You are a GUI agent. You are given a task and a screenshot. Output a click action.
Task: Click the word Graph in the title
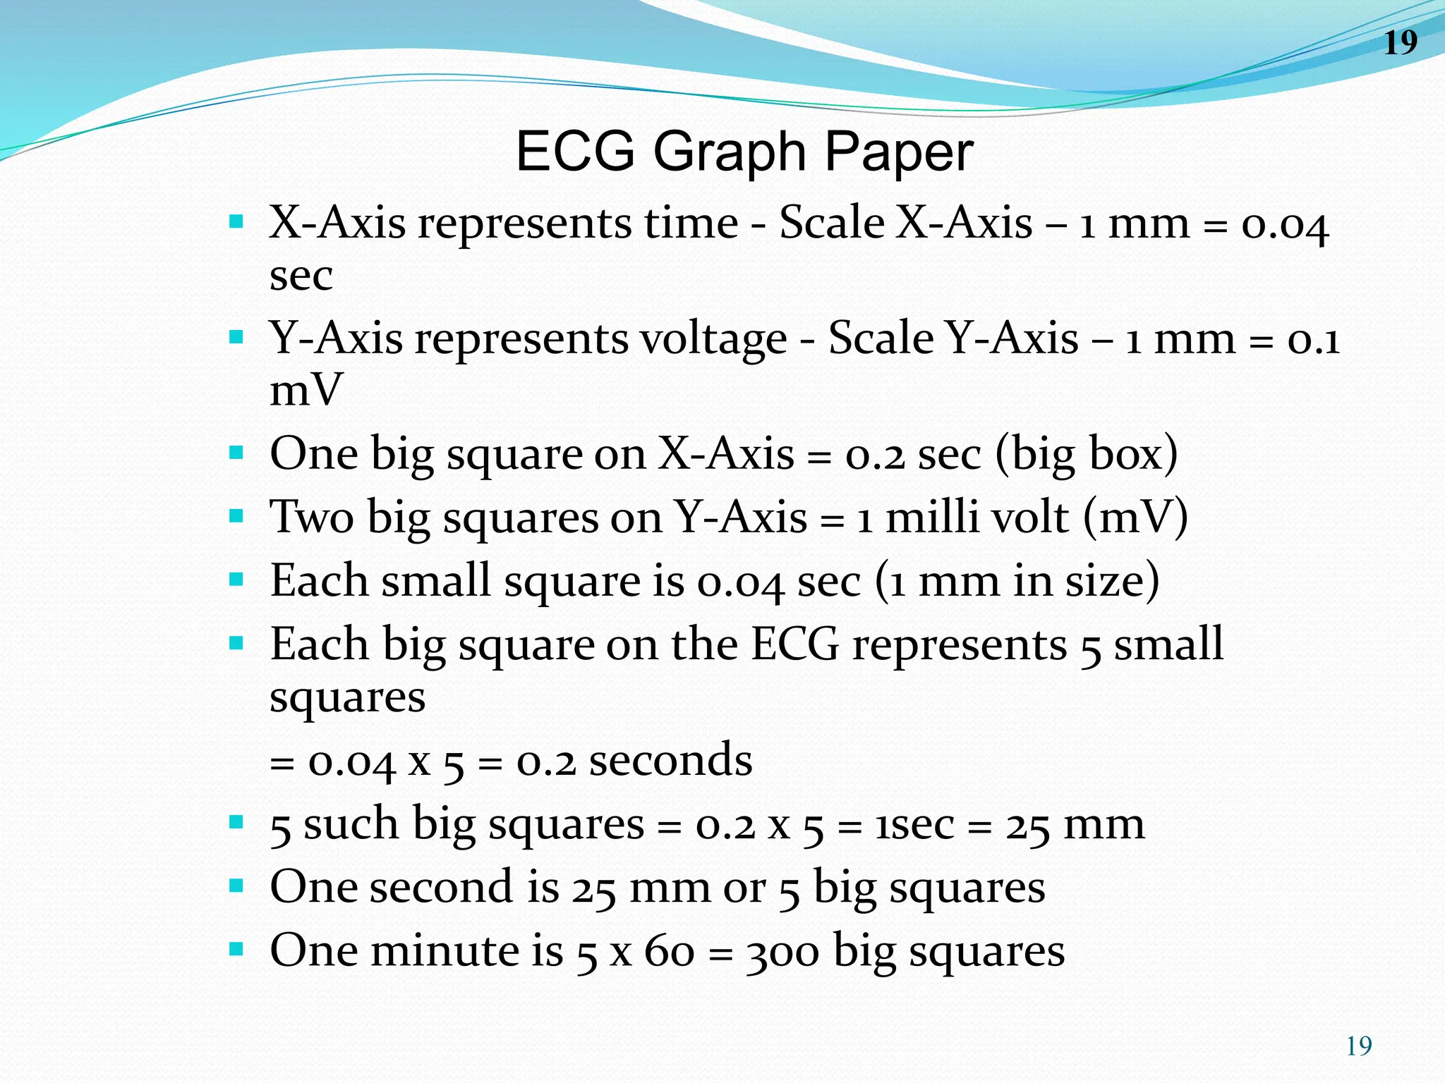click(x=730, y=153)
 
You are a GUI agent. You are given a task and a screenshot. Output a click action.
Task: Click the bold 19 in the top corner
click(x=1401, y=43)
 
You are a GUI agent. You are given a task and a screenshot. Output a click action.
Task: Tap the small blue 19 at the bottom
click(x=1359, y=1046)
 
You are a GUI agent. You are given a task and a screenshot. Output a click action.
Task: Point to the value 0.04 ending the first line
click(x=1285, y=226)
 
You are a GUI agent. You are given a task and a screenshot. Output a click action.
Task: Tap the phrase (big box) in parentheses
click(x=1087, y=453)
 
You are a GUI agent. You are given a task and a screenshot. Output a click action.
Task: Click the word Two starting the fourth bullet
click(x=311, y=517)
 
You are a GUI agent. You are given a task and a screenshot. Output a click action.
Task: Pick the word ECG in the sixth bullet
click(x=794, y=644)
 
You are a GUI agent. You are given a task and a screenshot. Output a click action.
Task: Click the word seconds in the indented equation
click(x=670, y=761)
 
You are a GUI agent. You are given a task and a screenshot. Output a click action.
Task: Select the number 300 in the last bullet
click(x=782, y=952)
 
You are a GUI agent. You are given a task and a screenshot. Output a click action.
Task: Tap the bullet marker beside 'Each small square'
click(x=236, y=580)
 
